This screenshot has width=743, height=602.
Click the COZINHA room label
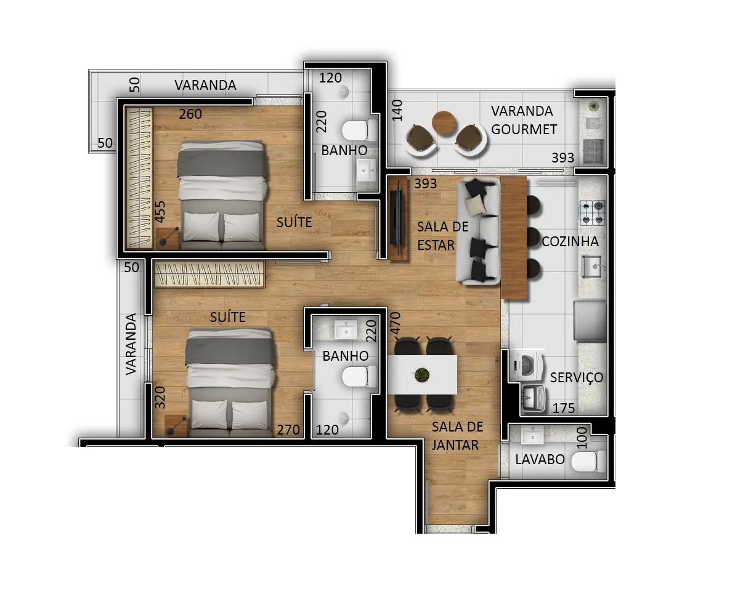tap(570, 241)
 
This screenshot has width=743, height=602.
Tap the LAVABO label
tap(540, 459)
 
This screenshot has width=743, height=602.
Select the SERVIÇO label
tap(576, 377)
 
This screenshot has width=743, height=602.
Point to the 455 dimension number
tap(160, 212)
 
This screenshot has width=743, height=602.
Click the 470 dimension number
tap(396, 324)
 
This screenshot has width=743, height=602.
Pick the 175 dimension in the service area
tap(563, 408)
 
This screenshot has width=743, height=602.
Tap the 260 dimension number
tap(190, 114)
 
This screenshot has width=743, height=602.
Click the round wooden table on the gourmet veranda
tap(444, 122)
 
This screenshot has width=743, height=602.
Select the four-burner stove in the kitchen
tap(592, 212)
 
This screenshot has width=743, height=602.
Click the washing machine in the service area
tap(527, 365)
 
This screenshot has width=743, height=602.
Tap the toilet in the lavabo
tap(588, 461)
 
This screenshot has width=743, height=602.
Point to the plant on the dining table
tap(422, 375)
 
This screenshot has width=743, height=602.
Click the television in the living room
tap(397, 218)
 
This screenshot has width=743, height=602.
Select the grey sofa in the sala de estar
tap(478, 231)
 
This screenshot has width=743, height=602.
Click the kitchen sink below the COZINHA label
tap(592, 267)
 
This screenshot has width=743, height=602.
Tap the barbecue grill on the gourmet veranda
tap(594, 151)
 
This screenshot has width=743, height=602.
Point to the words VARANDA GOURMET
tap(524, 120)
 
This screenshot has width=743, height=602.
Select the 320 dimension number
tap(160, 398)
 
